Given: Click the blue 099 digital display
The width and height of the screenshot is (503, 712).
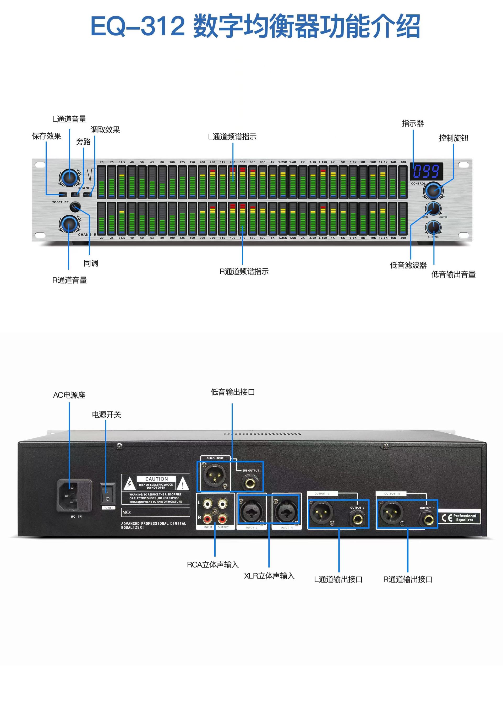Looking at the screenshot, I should coord(426,171).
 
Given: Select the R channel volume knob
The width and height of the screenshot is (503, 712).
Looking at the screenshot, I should coord(69,224).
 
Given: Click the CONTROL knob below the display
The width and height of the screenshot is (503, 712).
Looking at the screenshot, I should coord(433,190).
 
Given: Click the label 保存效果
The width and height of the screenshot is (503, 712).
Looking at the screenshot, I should coord(46,136).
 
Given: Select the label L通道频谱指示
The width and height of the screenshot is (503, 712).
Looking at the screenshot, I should coord(232,137).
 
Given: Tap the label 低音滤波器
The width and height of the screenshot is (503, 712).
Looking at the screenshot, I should coord(408,265).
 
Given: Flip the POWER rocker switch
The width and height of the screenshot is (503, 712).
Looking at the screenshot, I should coord(107,494).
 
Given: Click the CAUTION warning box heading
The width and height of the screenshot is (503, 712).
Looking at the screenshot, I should coord(156,479).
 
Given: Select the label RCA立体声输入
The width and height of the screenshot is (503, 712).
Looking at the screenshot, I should coord(213,565).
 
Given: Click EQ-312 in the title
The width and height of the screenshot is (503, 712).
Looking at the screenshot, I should coord(138,26).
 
